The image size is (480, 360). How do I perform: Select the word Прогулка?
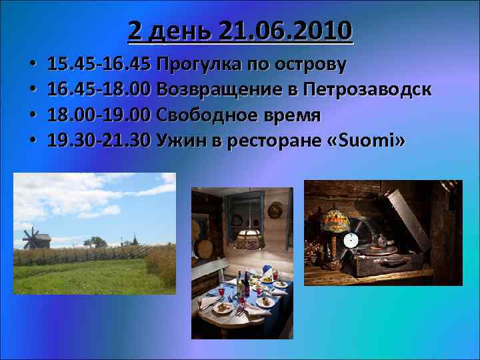pyautogui.click(x=193, y=65)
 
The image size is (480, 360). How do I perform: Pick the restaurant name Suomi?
pyautogui.click(x=372, y=140)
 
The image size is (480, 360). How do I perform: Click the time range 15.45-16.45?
pyautogui.click(x=101, y=65)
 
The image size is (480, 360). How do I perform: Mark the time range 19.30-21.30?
pyautogui.click(x=101, y=140)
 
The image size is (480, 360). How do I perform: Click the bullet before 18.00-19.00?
pyautogui.click(x=32, y=115)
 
